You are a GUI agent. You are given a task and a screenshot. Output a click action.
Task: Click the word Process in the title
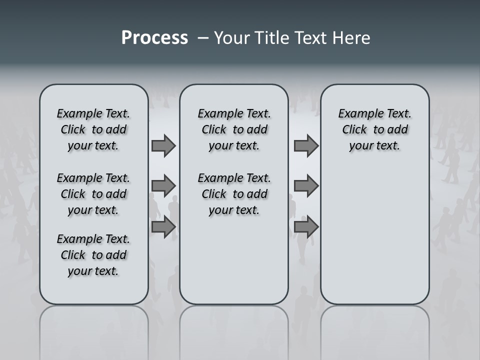click(x=154, y=38)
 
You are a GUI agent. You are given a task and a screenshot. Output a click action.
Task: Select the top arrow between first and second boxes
click(x=163, y=145)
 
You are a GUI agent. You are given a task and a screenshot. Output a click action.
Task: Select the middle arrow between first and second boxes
click(x=163, y=186)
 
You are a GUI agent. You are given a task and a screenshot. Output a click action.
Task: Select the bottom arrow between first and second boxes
click(x=163, y=227)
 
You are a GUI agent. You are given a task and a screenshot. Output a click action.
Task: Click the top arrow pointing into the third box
click(x=306, y=145)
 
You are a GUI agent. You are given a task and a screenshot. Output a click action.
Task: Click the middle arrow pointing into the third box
click(x=306, y=186)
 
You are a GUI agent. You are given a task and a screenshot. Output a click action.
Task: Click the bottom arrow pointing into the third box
click(x=306, y=227)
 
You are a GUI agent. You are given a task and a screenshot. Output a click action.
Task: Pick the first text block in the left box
click(x=93, y=129)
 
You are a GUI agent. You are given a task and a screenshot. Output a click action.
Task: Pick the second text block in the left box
click(x=93, y=194)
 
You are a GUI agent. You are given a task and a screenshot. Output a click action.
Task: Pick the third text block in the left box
click(x=93, y=255)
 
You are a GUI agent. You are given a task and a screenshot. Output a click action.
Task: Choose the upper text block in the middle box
click(x=234, y=129)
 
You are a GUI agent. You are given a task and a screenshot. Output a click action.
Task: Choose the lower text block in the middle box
click(x=234, y=194)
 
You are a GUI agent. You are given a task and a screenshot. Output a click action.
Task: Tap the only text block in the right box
click(x=374, y=129)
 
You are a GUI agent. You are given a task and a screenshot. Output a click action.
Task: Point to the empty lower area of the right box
click(x=374, y=235)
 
